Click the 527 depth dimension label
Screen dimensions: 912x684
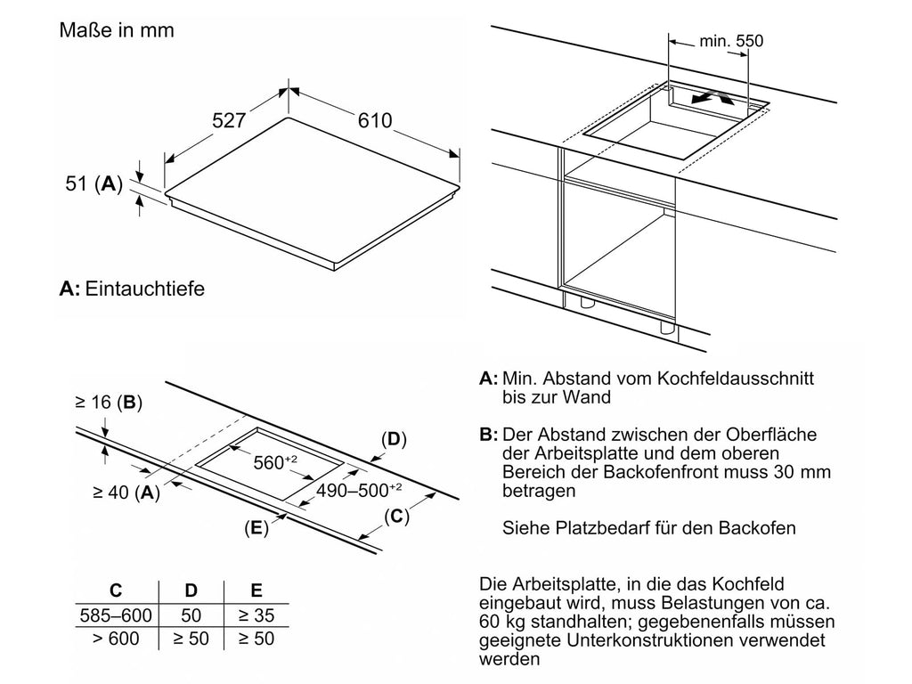coord(229,120)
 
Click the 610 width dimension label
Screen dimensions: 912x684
coord(375,120)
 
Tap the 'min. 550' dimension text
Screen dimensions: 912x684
coord(731,41)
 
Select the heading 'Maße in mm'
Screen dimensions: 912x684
coord(117,30)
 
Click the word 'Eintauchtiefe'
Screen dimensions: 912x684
coord(145,289)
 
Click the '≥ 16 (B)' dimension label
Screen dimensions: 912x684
coord(109,402)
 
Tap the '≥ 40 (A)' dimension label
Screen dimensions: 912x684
coord(126,492)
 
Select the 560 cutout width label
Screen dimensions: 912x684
coord(275,462)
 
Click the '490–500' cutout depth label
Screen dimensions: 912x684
coord(358,491)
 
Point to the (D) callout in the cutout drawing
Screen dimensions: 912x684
coord(394,439)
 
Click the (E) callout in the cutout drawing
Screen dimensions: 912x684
coord(256,527)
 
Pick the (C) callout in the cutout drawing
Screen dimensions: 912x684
coord(396,516)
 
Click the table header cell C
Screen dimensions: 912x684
coord(116,590)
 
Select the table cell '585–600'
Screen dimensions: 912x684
coord(116,615)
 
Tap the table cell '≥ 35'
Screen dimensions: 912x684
coord(256,615)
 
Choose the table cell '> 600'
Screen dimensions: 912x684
coord(116,639)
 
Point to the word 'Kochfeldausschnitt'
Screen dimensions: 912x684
coord(735,378)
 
